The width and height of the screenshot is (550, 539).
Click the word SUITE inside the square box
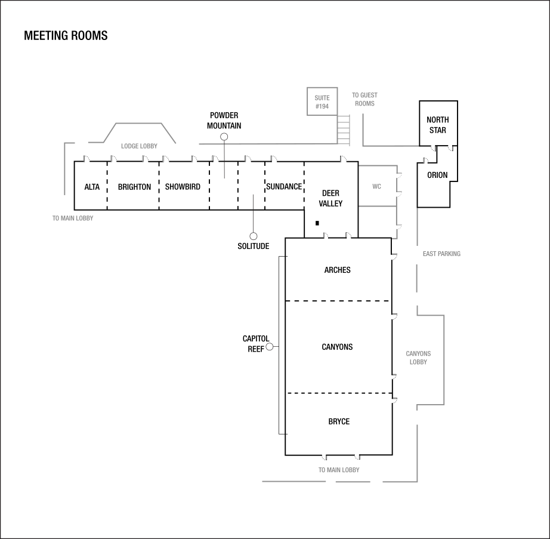coord(322,98)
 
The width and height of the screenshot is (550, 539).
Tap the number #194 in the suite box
coord(322,106)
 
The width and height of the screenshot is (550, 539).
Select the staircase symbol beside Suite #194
coord(343,130)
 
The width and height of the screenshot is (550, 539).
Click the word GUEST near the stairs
coord(369,96)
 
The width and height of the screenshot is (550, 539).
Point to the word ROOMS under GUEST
coord(364,104)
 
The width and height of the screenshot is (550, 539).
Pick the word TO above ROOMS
coord(355,96)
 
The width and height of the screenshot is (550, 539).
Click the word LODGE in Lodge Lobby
coord(130,146)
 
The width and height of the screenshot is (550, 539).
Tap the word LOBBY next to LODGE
coord(149,146)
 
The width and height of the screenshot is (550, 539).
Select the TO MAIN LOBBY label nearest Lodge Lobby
coord(73,218)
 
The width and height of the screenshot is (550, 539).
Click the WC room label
coord(376,187)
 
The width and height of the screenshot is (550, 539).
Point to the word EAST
coord(429,254)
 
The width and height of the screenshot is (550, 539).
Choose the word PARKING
coord(449,254)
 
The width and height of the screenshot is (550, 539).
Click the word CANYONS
coord(418,354)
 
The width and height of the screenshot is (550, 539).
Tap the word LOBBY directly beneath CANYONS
coord(418,362)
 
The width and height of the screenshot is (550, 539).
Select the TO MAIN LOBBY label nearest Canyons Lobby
coord(339,470)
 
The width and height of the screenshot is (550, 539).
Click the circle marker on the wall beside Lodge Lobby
coord(224,137)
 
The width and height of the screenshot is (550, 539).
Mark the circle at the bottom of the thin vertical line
coord(254,236)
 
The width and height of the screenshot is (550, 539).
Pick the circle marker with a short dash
coord(270,347)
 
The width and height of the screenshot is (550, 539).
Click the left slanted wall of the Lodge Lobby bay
coord(110,133)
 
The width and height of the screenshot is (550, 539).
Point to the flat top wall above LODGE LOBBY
coord(138,123)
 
